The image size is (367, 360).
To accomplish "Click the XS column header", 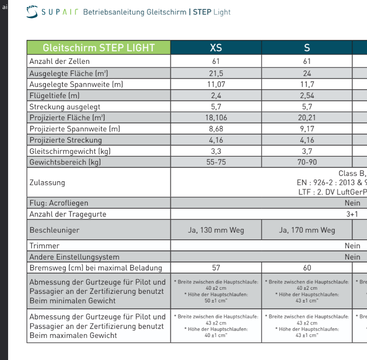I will [216, 48].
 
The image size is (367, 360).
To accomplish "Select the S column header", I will [307, 48].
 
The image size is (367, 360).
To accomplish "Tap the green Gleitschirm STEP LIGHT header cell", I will [99, 48].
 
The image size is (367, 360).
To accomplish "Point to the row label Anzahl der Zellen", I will [59, 61].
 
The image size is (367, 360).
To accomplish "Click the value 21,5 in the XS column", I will [216, 73].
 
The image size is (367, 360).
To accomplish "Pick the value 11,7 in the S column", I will [307, 84].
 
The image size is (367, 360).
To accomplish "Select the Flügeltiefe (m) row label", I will [54, 95].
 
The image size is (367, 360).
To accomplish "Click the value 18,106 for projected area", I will [216, 118].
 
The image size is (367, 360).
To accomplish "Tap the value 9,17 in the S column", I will [307, 129].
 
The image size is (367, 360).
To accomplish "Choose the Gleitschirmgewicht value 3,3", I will [216, 151].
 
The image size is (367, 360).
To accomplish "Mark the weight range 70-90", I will [307, 162].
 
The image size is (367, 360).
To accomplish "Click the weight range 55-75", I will [216, 162].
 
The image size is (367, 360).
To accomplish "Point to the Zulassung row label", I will [47, 183].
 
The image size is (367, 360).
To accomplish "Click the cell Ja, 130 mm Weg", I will [216, 230].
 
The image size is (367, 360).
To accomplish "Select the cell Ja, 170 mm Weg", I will [307, 230].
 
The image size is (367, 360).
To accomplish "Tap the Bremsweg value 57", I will [216, 268].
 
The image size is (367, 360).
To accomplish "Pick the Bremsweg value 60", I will [307, 268].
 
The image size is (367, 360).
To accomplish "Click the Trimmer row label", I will [45, 246].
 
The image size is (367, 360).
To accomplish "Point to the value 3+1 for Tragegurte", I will [352, 214].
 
